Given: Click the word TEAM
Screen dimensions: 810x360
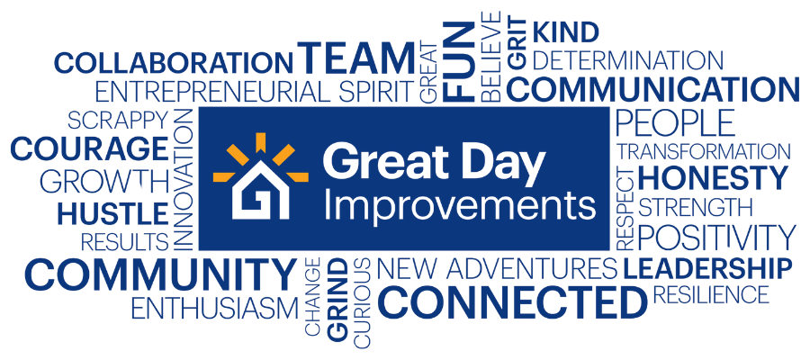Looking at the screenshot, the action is coord(356,58).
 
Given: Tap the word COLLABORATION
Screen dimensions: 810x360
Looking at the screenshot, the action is coord(174,62).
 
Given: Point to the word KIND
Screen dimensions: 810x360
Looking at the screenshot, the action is coord(566,31).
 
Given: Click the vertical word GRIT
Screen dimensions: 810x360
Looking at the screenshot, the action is coord(517,43).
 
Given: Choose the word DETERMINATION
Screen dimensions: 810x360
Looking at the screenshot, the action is coord(627,60).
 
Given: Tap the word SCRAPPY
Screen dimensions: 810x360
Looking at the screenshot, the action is coord(118,121).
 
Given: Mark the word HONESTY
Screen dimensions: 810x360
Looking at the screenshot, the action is coord(713,178).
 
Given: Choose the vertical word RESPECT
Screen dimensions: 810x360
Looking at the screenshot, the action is coord(625,209).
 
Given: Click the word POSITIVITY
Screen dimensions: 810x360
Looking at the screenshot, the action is coord(716,237).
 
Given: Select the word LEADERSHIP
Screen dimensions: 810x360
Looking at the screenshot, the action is coord(707,268).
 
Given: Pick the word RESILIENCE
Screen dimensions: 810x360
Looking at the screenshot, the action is coord(711,294).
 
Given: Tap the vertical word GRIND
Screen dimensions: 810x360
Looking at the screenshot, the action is coord(337,301).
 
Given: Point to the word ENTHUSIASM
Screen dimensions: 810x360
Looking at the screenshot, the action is coord(215,309).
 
